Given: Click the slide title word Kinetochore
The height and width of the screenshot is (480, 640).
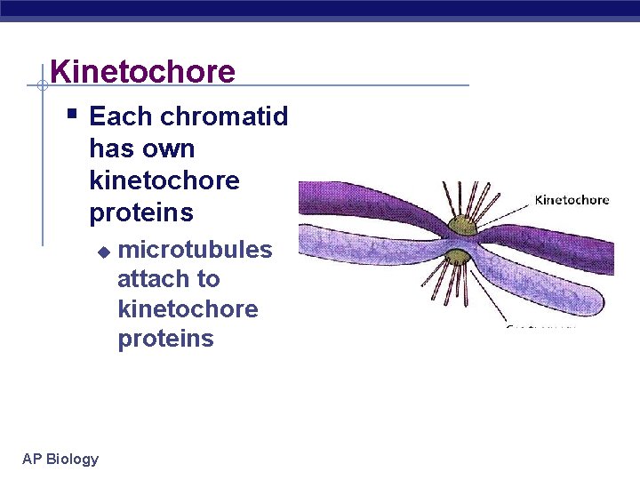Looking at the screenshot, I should pyautogui.click(x=142, y=71).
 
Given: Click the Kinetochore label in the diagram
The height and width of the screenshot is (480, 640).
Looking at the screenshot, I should pyautogui.click(x=572, y=200).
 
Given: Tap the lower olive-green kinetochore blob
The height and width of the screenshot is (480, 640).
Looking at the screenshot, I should pyautogui.click(x=458, y=258).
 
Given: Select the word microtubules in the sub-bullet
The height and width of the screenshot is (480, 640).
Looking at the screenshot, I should pyautogui.click(x=195, y=249).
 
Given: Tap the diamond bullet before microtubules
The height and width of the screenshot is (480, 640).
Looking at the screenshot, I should pyautogui.click(x=103, y=252).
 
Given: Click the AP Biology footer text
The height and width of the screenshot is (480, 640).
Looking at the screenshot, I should pyautogui.click(x=60, y=459).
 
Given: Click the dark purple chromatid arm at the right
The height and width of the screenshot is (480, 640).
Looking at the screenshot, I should pyautogui.click(x=569, y=249).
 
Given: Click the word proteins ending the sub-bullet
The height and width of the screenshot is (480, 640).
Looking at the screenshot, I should pyautogui.click(x=165, y=339).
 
